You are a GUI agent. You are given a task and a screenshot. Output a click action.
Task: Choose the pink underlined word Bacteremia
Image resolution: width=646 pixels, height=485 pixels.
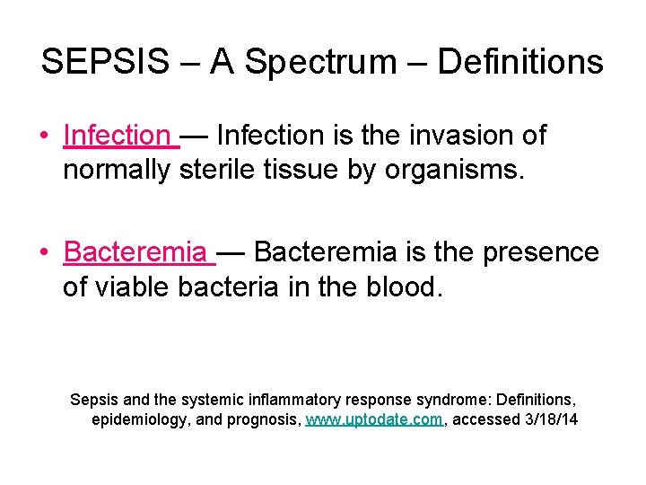[x=135, y=252]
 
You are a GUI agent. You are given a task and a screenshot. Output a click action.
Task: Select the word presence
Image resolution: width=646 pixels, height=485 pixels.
[x=541, y=252]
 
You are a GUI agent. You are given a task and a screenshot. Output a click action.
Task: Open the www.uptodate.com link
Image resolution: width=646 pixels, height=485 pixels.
[x=373, y=419]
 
